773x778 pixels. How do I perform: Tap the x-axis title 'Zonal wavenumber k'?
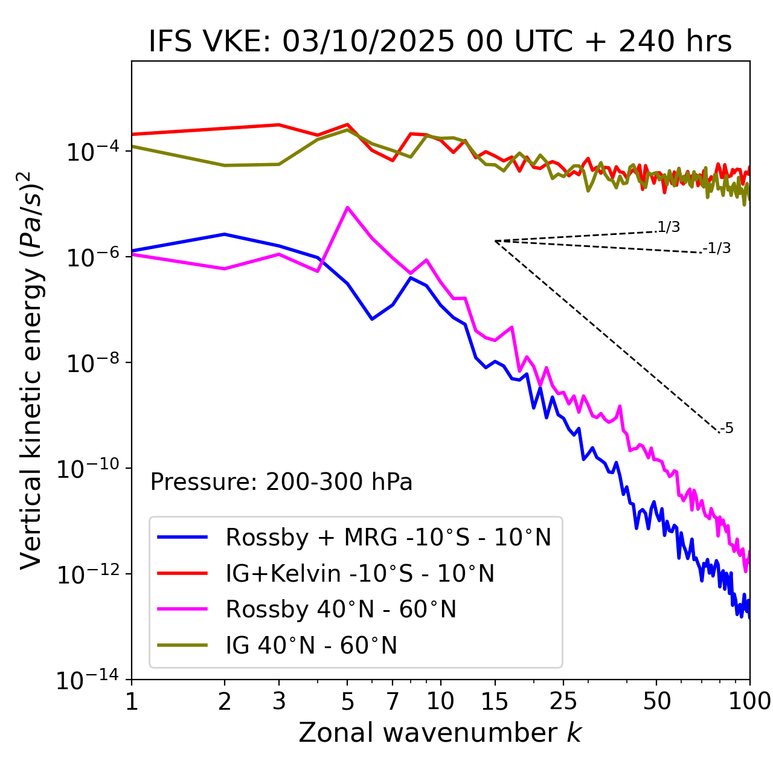coord(440,733)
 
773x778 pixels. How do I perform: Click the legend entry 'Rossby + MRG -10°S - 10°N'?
coord(388,537)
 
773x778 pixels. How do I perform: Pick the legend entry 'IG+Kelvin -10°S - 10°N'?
coord(359,573)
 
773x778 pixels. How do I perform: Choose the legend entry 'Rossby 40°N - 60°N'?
coord(341,609)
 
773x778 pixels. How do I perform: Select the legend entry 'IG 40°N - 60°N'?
coord(311,646)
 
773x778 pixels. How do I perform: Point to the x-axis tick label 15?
coord(495,701)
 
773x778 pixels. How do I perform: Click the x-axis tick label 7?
coord(393,701)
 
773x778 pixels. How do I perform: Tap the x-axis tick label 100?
coord(749,701)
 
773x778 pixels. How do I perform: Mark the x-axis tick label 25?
coord(563,701)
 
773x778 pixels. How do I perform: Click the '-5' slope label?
coord(726,429)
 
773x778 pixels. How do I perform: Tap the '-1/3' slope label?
coord(717,248)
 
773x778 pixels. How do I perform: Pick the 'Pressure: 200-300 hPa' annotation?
coord(281,482)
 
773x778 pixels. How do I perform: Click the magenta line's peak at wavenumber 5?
coord(347,207)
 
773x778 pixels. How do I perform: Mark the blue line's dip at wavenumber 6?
coord(372,319)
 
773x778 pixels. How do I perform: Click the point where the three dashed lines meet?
coord(495,241)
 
